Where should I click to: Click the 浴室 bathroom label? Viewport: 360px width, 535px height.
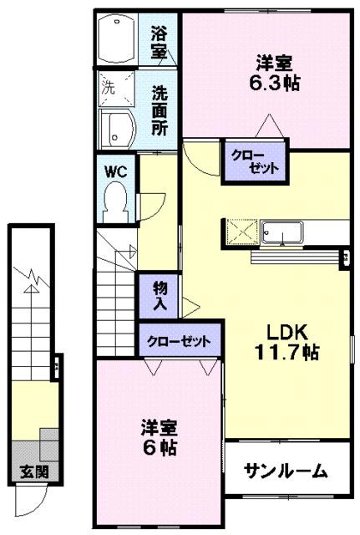(x=160, y=42)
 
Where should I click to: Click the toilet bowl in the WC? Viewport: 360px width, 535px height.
(x=114, y=200)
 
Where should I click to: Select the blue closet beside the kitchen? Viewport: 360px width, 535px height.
(x=252, y=161)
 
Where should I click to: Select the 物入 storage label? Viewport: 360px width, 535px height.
(x=160, y=296)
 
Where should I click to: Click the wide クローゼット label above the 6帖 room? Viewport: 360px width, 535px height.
(x=180, y=341)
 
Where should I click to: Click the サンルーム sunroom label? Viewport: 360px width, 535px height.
(x=286, y=471)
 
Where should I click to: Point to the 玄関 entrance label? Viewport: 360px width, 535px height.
(x=28, y=471)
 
